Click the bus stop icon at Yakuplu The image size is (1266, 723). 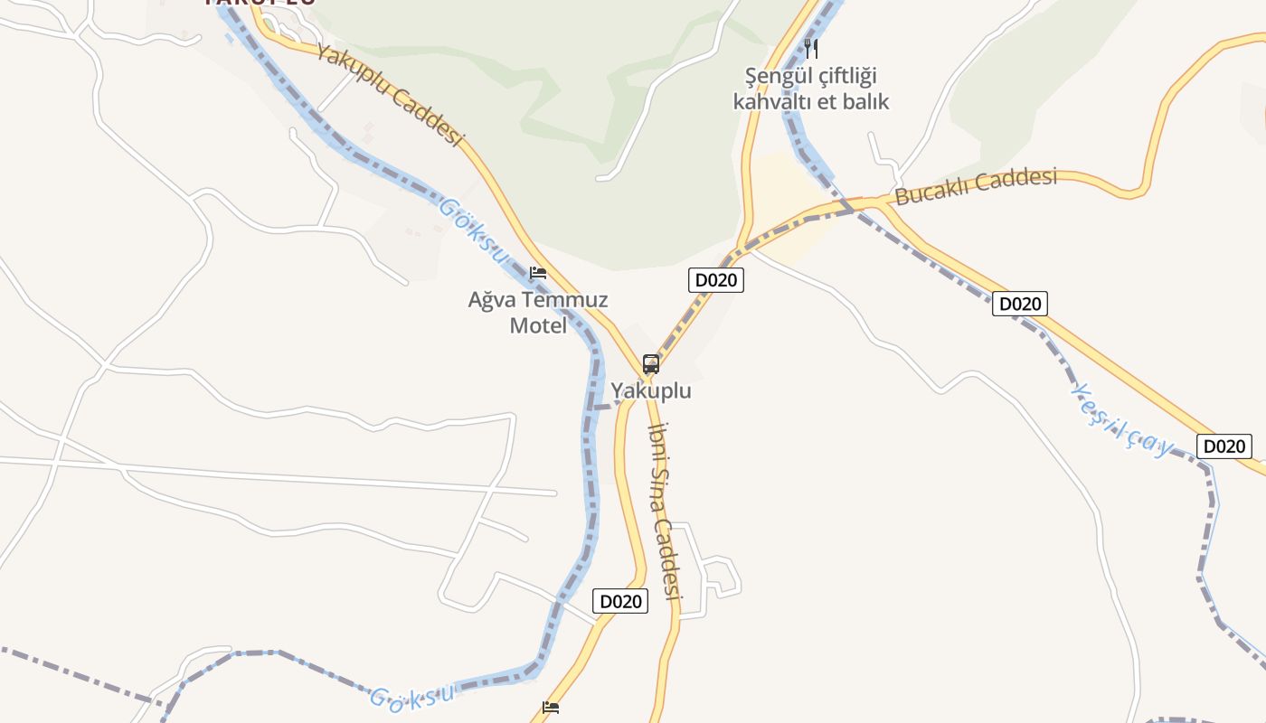[x=651, y=364]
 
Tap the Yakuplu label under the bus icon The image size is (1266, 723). [x=651, y=391]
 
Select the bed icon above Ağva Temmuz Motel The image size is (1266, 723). [x=538, y=272]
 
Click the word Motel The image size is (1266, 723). [x=538, y=325]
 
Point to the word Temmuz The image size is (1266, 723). [x=570, y=300]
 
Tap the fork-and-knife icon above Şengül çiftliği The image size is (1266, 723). [x=811, y=48]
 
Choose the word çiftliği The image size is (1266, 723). [x=847, y=76]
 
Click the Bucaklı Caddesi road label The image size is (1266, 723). [x=976, y=187]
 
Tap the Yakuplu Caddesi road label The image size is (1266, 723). [x=390, y=94]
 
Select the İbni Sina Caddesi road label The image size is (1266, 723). [x=665, y=511]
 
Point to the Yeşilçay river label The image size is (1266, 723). [x=1121, y=419]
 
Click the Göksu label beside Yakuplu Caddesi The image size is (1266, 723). [x=473, y=231]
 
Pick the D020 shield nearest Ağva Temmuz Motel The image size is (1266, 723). [x=716, y=280]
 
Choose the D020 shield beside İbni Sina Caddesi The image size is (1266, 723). [x=620, y=601]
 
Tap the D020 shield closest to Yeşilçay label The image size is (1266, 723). [x=1224, y=446]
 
